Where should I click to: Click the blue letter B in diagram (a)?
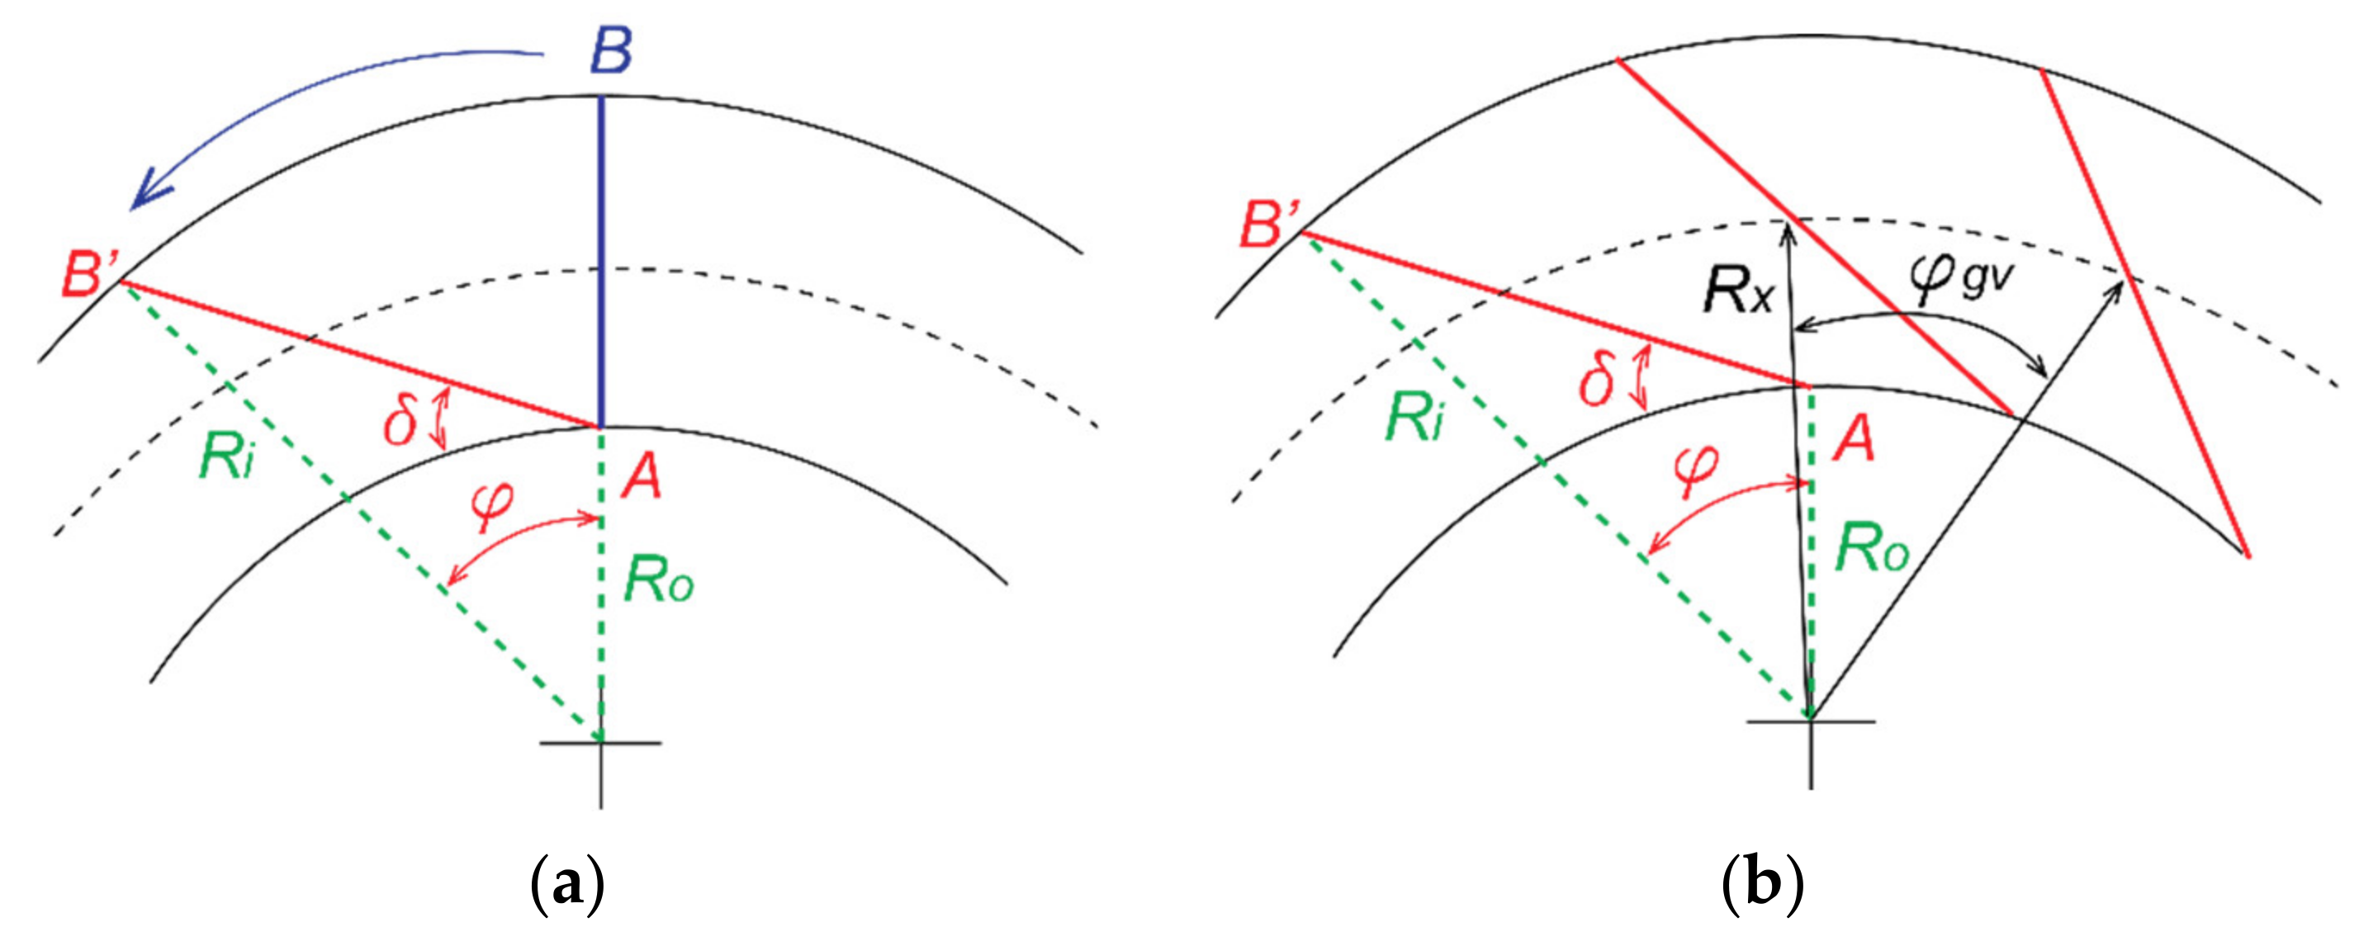[x=611, y=52]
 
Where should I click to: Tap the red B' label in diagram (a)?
[x=89, y=273]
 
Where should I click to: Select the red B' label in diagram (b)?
[x=1268, y=225]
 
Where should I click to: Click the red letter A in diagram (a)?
[x=641, y=477]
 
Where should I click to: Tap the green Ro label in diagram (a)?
[x=657, y=579]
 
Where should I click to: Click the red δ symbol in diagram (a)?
[x=400, y=423]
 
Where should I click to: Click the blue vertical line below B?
[x=602, y=258]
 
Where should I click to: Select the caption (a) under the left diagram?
[x=569, y=884]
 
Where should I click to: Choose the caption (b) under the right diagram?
[x=1763, y=884]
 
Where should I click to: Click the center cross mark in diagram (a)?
[x=601, y=742]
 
